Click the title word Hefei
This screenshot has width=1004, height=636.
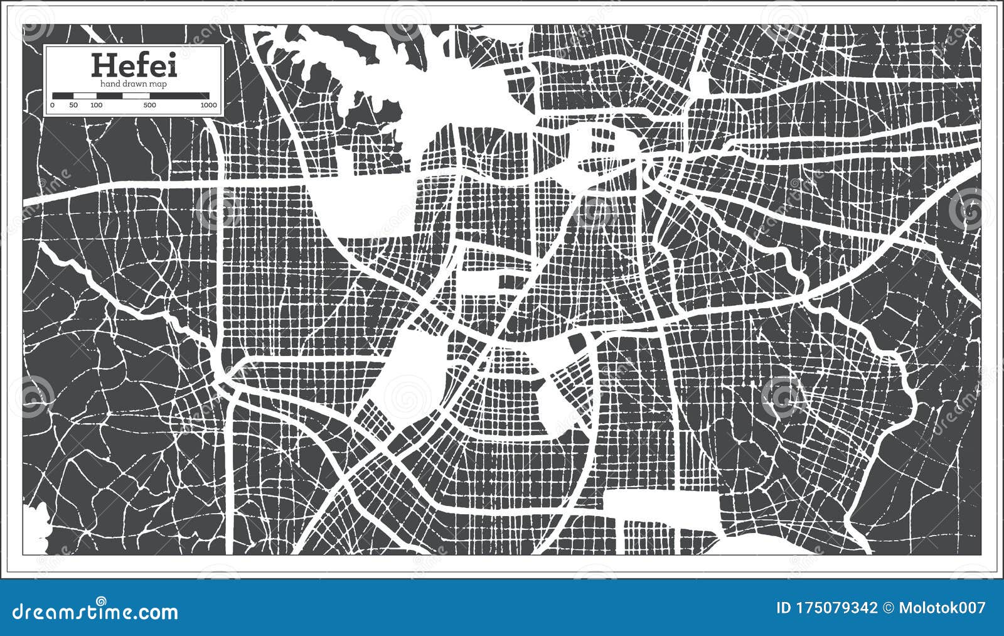coord(134,65)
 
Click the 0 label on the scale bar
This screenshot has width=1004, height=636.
coord(53,105)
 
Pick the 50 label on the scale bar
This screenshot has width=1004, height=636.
coord(73,105)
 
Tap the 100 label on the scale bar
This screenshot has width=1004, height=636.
coord(96,105)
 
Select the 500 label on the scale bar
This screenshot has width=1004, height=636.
coord(149,105)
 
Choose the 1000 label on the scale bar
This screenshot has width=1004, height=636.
coord(208,105)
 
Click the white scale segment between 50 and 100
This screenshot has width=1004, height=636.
coord(85,95)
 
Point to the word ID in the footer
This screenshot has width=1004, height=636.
coord(784,608)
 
